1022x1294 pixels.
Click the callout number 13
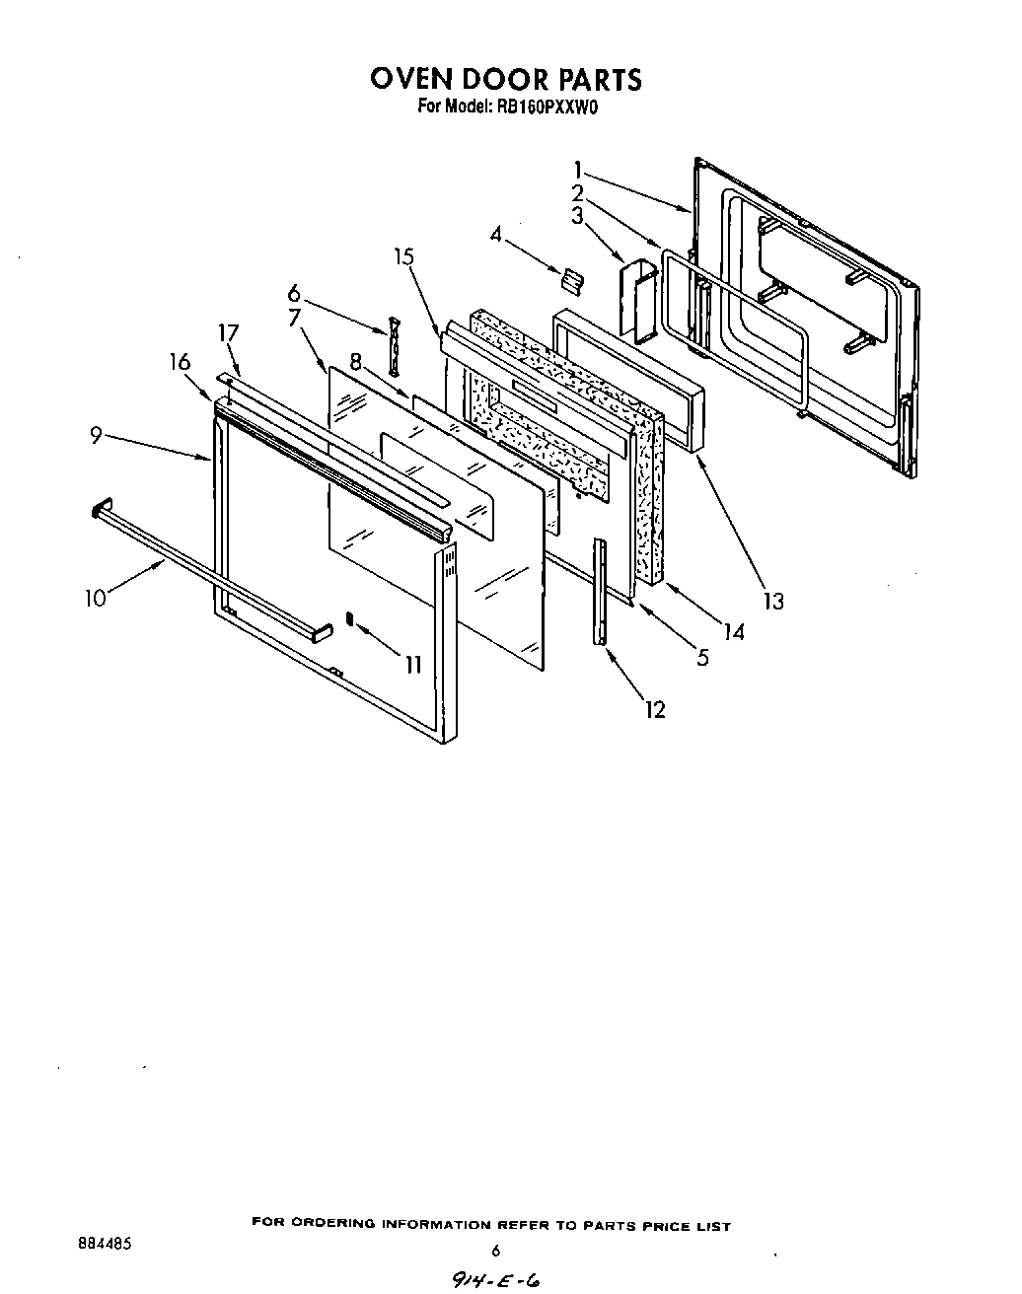point(773,600)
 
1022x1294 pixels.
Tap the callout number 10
point(95,598)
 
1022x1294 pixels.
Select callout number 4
point(495,235)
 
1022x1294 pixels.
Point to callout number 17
point(228,332)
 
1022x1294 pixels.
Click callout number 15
point(402,256)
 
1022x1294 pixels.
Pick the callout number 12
point(654,708)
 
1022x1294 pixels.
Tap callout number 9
point(96,434)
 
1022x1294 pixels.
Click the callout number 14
point(733,632)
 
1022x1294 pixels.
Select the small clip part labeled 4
point(569,281)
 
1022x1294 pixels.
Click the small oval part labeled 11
point(349,618)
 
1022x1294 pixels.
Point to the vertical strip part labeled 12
point(599,592)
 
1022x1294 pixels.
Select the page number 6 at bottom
point(496,1251)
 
